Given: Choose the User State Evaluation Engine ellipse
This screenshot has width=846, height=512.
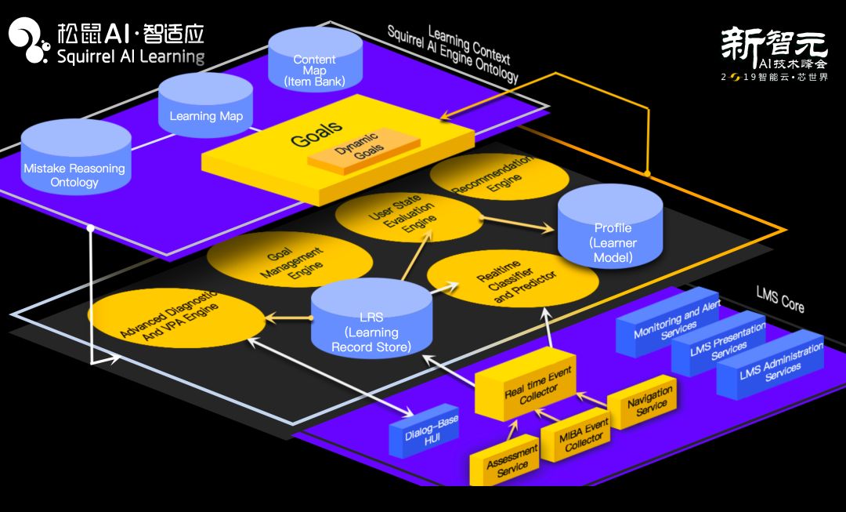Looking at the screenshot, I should click(x=407, y=216).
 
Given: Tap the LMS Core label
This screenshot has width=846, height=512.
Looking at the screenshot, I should click(x=779, y=298).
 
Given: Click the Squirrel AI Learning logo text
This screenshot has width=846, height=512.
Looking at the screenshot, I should click(x=130, y=56).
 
